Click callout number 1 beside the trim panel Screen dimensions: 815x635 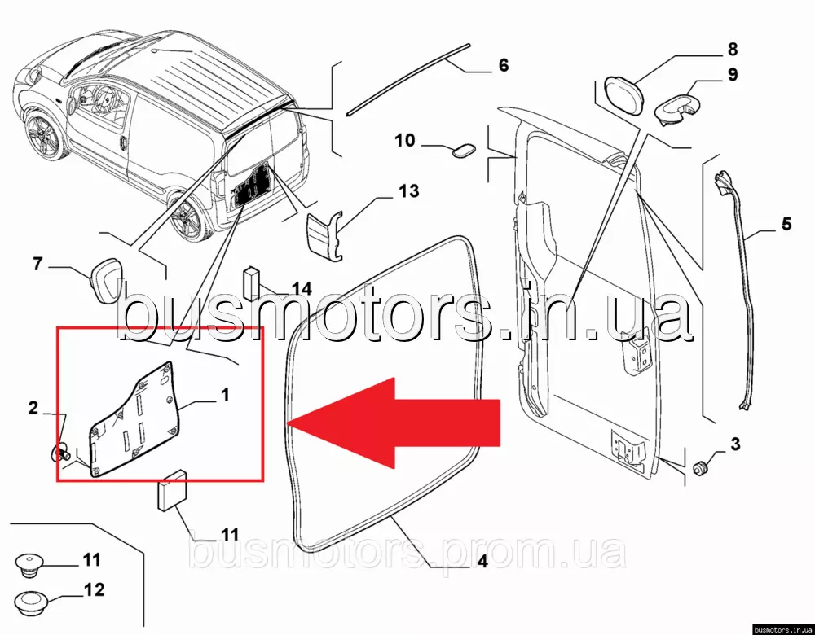[x=225, y=395]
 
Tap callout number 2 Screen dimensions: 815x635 [x=33, y=408]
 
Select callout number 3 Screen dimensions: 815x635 [x=735, y=444]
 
